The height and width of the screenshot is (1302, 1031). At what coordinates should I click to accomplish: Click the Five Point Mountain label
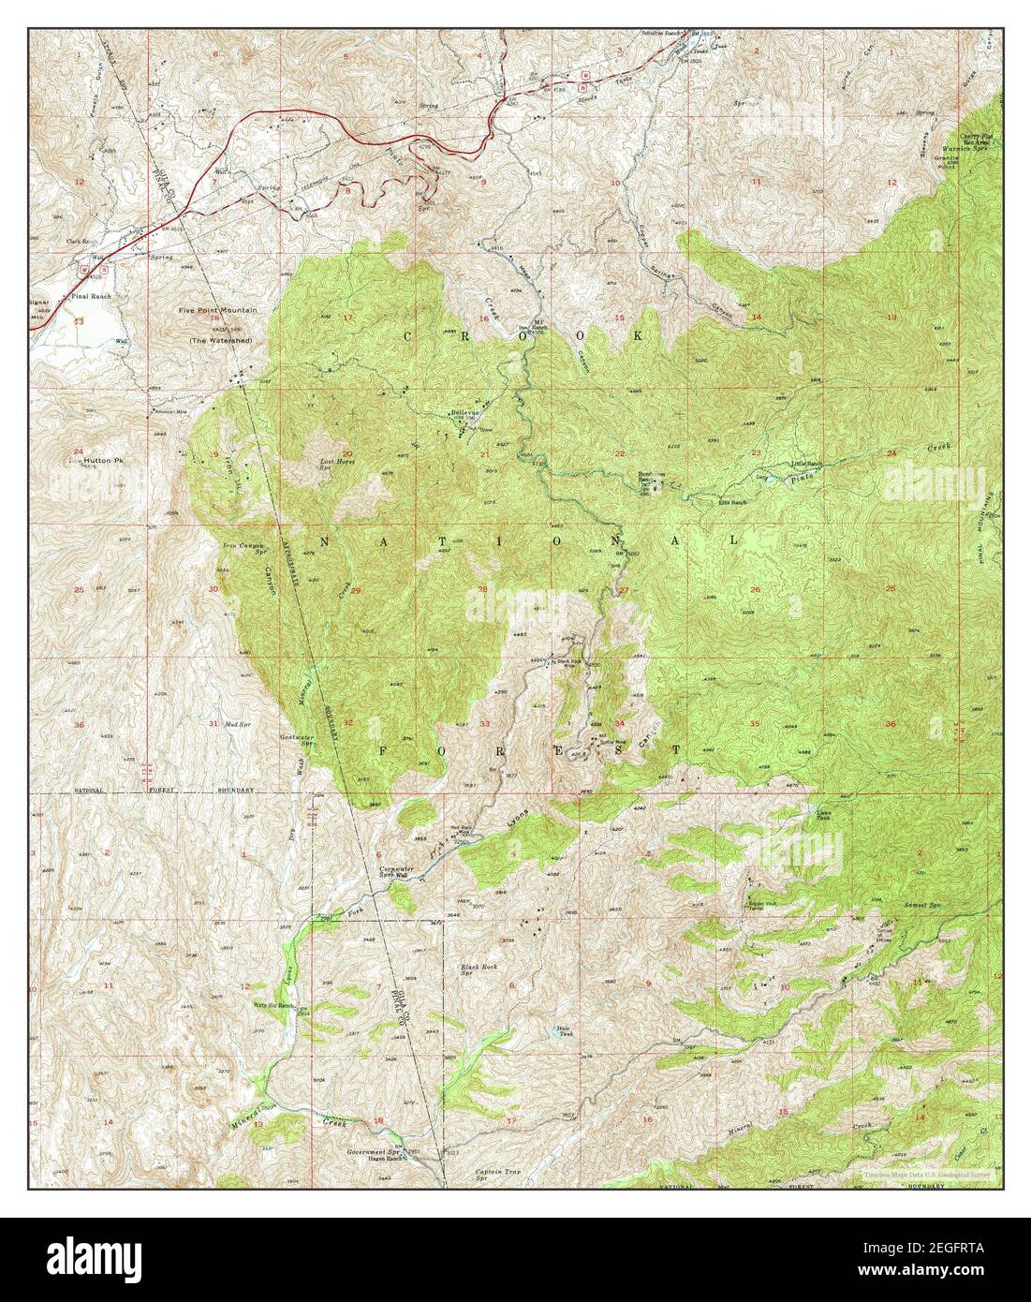click(225, 309)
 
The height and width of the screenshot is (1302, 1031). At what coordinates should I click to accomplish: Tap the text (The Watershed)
click(225, 341)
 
